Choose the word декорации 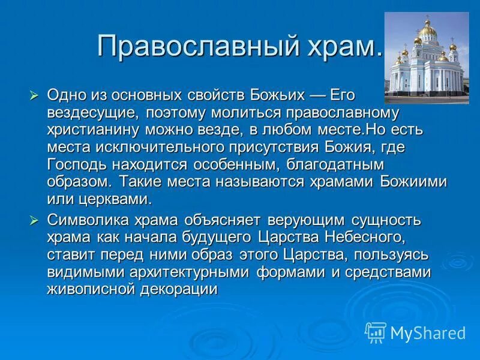[x=183, y=289]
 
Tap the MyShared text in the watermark [x=428, y=333]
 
